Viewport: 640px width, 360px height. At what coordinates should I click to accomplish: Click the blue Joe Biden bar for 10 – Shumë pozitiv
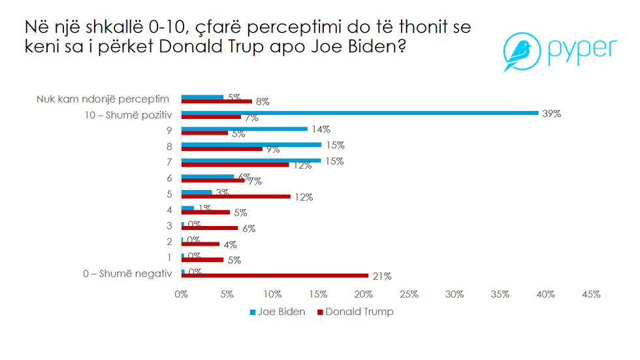coord(359,113)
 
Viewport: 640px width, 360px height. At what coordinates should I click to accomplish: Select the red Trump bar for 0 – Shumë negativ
coord(274,276)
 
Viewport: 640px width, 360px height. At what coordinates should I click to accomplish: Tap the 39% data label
coord(552,114)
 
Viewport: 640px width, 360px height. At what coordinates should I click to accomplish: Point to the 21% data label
coord(382,276)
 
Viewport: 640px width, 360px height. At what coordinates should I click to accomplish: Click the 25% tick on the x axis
coord(409,295)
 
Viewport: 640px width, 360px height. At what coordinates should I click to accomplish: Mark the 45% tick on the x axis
coord(591,295)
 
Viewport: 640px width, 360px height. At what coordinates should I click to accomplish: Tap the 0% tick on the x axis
coord(182,295)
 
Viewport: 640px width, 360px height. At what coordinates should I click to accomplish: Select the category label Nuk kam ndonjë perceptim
coord(103,99)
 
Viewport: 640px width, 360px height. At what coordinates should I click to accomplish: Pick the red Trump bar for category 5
coord(236,196)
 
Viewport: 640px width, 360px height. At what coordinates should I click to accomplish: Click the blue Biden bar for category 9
coord(244,129)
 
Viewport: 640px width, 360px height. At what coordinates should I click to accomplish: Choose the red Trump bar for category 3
coord(210,228)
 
